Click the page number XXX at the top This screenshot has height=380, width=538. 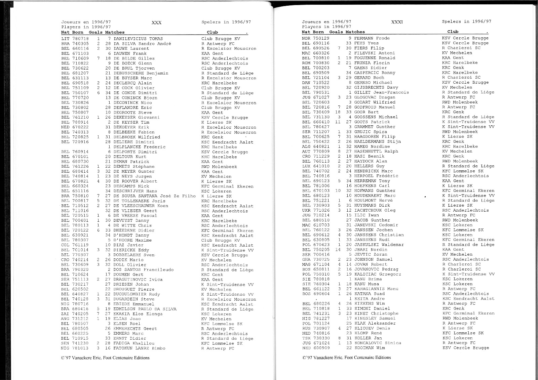(156, 23)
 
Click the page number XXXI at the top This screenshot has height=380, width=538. (397, 22)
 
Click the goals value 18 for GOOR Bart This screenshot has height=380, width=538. (338, 112)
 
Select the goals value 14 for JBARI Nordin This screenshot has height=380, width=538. (338, 250)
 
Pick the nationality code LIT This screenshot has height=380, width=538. (65, 39)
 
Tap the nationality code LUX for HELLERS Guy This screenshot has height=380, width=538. (306, 166)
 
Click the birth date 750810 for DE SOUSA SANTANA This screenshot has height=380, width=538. (80, 196)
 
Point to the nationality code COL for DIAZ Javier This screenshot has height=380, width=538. (65, 245)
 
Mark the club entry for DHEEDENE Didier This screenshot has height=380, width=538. (227, 230)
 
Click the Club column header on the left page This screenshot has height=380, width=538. (213, 32)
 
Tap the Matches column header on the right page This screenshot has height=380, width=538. (355, 32)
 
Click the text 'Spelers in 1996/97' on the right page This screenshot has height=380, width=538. (466, 22)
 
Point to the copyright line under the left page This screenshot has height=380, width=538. (105, 357)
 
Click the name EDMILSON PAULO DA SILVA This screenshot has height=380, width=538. (145, 309)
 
